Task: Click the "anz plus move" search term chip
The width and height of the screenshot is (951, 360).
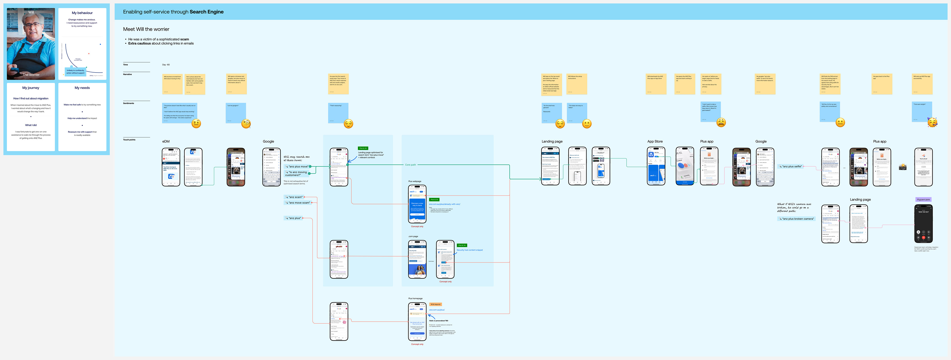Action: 297,167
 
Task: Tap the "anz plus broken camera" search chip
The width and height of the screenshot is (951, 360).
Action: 796,219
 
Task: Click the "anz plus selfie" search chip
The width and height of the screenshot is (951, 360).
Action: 791,167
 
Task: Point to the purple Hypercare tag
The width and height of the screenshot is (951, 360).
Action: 923,199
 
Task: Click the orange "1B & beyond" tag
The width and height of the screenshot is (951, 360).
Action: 435,304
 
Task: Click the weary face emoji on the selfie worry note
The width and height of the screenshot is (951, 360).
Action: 721,122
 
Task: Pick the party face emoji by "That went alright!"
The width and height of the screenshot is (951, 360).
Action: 932,122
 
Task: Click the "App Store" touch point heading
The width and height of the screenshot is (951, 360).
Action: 655,141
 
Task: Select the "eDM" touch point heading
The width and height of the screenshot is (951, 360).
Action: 166,141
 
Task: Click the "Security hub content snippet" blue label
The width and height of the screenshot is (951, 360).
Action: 470,250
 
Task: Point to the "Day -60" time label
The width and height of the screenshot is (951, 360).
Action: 166,65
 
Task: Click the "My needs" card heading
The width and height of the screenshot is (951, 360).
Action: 82,88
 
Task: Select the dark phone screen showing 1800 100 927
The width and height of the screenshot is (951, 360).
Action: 923,223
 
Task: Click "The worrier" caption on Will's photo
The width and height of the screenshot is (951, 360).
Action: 31,75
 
